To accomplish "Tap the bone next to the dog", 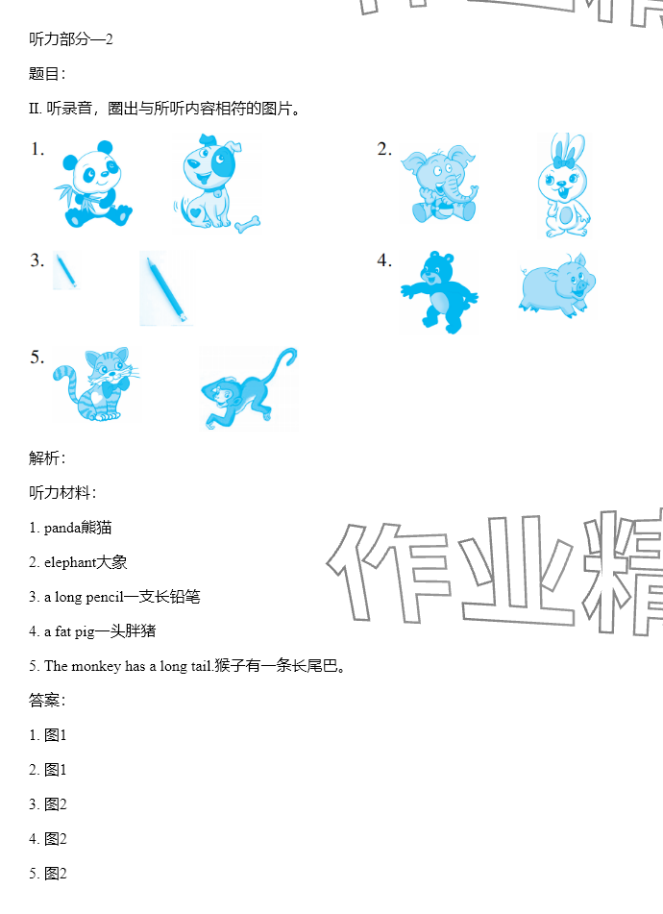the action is point(248,224).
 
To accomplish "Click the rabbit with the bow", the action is point(563,185).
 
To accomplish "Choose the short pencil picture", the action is point(66,270).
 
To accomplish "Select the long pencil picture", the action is point(166,289).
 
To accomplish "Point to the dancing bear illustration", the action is point(440,292).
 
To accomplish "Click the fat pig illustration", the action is point(557,285).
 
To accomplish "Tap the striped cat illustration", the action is point(95,384).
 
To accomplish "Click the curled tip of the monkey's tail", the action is point(291,354).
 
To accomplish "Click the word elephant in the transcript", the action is point(70,562).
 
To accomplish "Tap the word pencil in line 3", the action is point(105,597).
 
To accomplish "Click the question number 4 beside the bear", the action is point(384,260).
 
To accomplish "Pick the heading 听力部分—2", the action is point(70,39).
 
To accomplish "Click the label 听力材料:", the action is point(62,492).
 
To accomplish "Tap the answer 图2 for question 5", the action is point(56,874).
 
